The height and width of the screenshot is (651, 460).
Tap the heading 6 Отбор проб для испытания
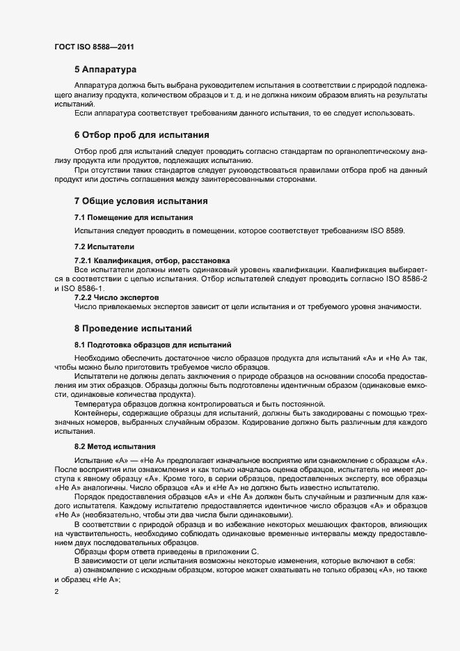[x=142, y=134]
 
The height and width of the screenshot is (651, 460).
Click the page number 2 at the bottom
[x=56, y=593]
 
